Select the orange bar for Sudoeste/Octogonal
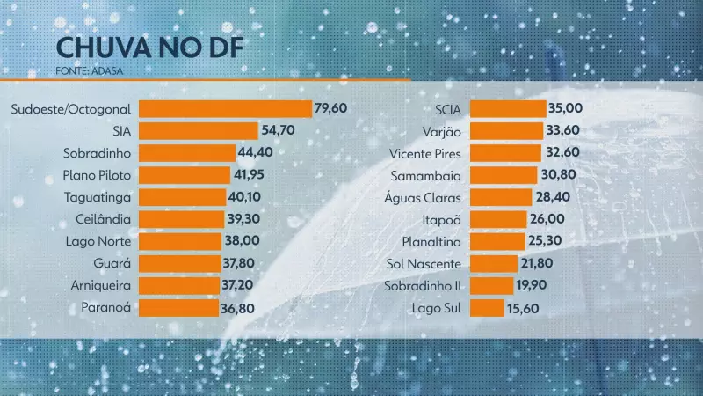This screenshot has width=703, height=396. pos(226,109)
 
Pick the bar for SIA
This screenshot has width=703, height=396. pos(199,131)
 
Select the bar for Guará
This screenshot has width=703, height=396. pos(179,263)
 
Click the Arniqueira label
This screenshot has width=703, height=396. pos(100,285)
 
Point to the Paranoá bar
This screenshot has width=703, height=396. pos(178,308)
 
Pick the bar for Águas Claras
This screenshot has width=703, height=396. pos(501,197)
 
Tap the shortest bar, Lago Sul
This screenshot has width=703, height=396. pos(487,308)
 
